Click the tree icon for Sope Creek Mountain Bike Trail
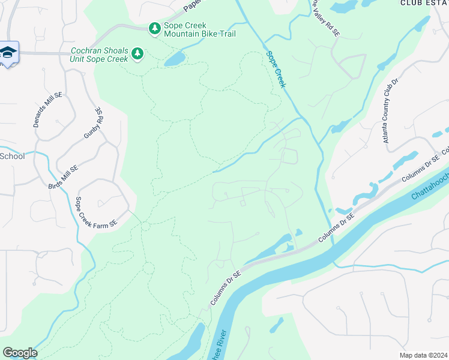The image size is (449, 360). [x=155, y=28]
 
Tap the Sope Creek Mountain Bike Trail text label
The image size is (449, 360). [x=199, y=30]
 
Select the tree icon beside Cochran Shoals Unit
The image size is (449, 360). [x=138, y=55]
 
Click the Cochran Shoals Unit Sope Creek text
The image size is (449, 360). [x=100, y=55]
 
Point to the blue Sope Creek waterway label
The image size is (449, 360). [x=276, y=70]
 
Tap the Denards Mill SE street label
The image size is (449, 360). [x=47, y=109]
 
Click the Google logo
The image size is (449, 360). [x=20, y=353]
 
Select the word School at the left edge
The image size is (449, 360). [x=12, y=156]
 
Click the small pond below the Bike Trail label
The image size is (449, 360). [x=174, y=59]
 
